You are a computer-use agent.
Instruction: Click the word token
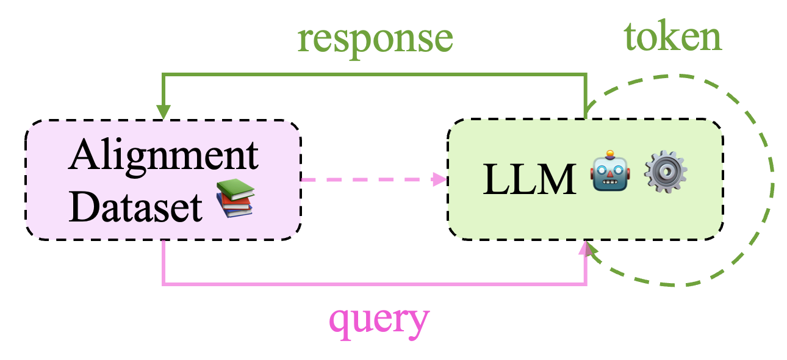click(672, 38)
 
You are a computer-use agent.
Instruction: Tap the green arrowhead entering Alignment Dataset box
click(163, 112)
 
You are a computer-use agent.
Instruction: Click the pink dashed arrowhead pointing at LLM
click(439, 179)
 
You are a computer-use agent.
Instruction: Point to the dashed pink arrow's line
click(366, 179)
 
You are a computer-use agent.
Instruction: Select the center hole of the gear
click(666, 173)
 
